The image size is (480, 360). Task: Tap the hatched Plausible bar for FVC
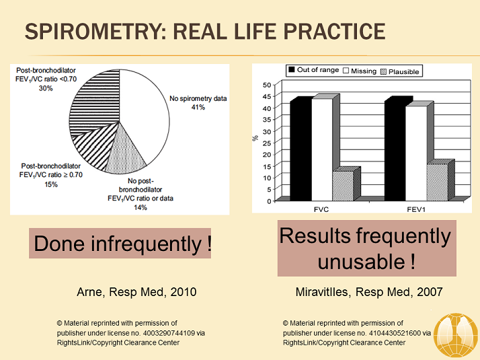coord(342,185)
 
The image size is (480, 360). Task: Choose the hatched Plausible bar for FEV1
coord(436,182)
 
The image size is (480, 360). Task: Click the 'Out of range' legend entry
coord(313,70)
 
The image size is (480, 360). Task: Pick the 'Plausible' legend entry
coord(400,71)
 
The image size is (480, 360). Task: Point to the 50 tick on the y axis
coord(267,85)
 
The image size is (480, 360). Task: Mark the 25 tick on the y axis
coord(267,143)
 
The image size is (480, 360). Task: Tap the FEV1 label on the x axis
coord(415,209)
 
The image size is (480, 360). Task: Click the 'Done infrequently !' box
coord(121,243)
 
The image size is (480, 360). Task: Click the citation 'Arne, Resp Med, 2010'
coord(137,292)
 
